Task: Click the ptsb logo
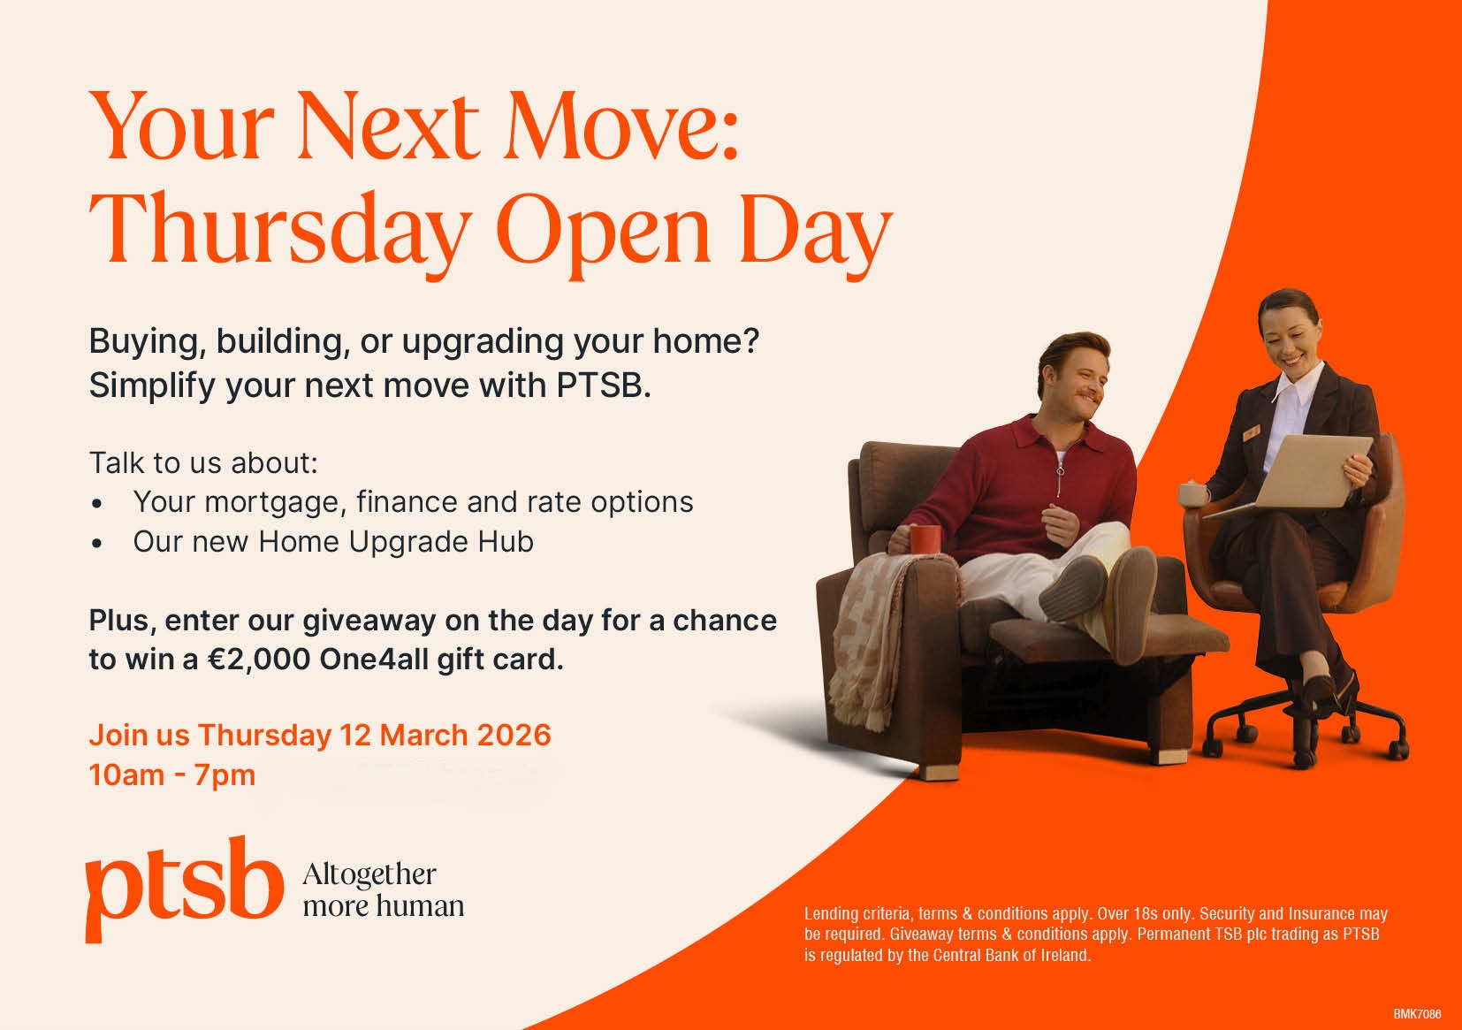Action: click(184, 889)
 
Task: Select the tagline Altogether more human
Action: click(383, 890)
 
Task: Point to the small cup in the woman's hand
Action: click(1192, 493)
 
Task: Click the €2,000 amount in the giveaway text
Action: click(259, 660)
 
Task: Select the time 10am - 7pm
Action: click(172, 775)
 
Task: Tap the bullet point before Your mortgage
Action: click(97, 504)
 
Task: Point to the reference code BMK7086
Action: click(1417, 1014)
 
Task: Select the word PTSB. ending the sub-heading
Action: click(604, 385)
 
